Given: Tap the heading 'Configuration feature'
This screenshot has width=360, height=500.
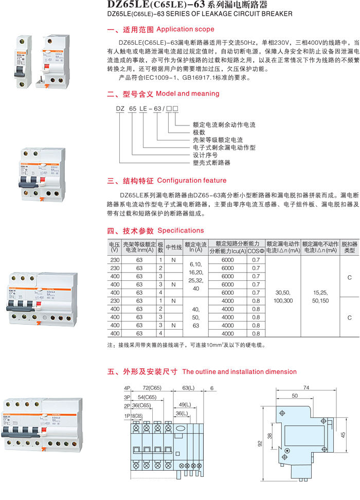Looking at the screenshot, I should click(191, 181).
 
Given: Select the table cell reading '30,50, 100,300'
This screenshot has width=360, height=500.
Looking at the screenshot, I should click(284, 296).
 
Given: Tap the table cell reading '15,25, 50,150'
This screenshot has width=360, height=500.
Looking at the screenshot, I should click(320, 296).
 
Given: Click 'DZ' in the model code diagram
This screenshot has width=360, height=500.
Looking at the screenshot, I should click(120, 109).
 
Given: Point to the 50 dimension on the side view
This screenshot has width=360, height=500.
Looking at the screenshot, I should click(295, 396).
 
